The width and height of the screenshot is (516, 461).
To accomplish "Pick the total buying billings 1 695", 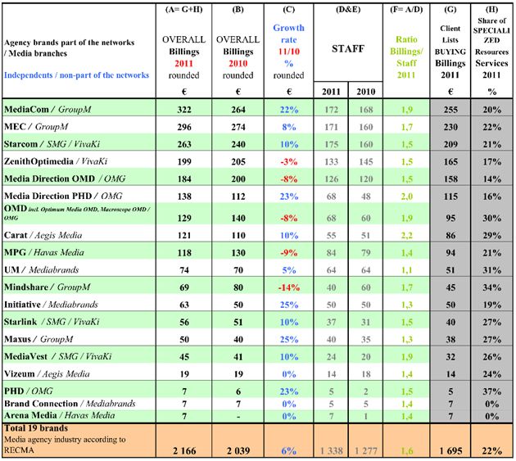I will click(x=446, y=449).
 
